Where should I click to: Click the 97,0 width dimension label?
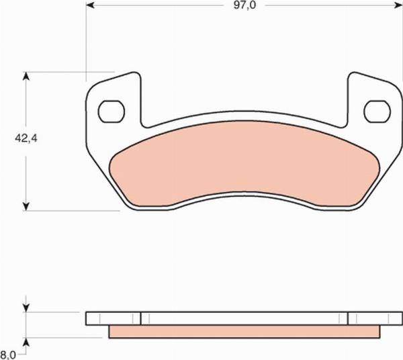(x=244, y=5)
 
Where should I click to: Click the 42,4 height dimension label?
(x=26, y=138)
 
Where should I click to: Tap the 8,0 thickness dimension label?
(x=8, y=355)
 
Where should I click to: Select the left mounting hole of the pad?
(x=111, y=111)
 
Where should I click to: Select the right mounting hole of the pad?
(x=377, y=111)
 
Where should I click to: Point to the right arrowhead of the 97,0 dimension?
(x=398, y=5)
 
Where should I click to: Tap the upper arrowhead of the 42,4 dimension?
(x=26, y=77)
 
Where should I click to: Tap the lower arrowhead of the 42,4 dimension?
(x=26, y=206)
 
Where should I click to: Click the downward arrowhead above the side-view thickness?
(x=26, y=308)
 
